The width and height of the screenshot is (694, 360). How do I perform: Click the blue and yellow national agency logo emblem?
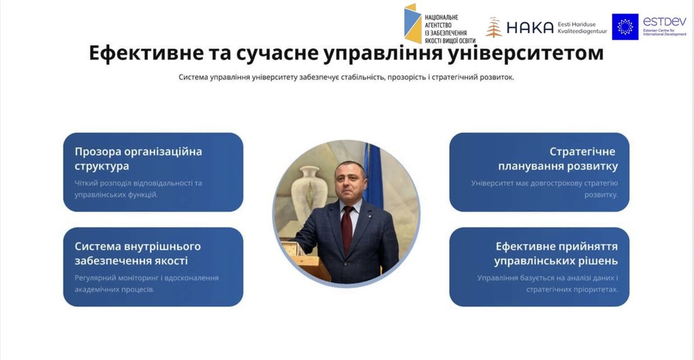click(412, 24)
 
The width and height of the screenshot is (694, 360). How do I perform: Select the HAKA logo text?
click(530, 28)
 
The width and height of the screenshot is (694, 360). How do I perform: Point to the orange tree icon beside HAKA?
click(493, 28)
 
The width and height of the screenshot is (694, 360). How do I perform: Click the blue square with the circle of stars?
click(625, 26)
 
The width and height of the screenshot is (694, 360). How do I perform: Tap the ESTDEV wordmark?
click(664, 22)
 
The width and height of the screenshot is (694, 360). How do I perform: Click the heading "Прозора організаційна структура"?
click(138, 159)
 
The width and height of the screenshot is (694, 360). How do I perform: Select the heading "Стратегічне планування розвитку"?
click(558, 159)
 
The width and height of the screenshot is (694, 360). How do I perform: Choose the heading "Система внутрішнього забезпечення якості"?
click(137, 253)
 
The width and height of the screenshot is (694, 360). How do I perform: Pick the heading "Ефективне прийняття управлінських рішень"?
click(556, 253)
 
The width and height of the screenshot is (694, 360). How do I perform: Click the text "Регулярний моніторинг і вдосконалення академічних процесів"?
click(146, 284)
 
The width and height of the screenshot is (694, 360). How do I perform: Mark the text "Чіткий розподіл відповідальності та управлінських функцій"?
click(138, 189)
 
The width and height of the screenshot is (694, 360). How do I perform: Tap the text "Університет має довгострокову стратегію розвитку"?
click(544, 189)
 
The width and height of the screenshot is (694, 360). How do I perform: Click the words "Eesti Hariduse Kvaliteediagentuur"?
click(582, 28)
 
